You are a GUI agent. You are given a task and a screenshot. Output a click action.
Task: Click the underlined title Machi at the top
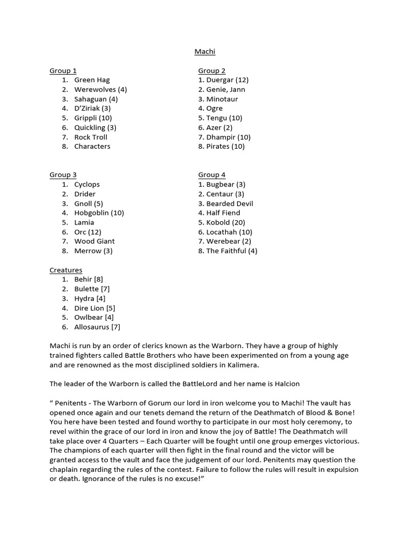pyautogui.click(x=204, y=52)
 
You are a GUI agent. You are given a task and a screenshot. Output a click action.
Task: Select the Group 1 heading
pyautogui.click(x=63, y=70)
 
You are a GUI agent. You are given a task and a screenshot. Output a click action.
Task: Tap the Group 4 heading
pyautogui.click(x=211, y=175)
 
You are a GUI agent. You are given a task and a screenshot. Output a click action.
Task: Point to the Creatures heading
pyautogui.click(x=66, y=270)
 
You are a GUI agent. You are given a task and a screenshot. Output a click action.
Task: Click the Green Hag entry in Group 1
pyautogui.click(x=92, y=80)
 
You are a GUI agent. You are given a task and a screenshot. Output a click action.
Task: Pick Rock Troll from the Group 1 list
pyautogui.click(x=91, y=137)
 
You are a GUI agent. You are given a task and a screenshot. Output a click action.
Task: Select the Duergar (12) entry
pyautogui.click(x=223, y=80)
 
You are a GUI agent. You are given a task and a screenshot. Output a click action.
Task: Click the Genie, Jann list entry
pyautogui.click(x=222, y=90)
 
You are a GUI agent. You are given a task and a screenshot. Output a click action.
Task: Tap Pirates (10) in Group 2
pyautogui.click(x=221, y=147)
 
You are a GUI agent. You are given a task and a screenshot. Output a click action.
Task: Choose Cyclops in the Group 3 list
pyautogui.click(x=87, y=184)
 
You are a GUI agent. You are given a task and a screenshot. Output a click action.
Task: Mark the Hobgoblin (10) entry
pyautogui.click(x=99, y=213)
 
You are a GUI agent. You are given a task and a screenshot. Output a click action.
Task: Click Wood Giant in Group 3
pyautogui.click(x=94, y=242)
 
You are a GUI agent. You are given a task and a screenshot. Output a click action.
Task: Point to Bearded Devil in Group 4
pyautogui.click(x=225, y=204)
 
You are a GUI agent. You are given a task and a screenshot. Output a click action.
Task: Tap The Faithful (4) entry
pyautogui.click(x=227, y=251)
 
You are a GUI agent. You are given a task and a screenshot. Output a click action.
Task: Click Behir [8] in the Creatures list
pyautogui.click(x=89, y=279)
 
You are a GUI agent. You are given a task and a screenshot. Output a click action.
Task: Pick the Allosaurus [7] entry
pyautogui.click(x=97, y=327)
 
